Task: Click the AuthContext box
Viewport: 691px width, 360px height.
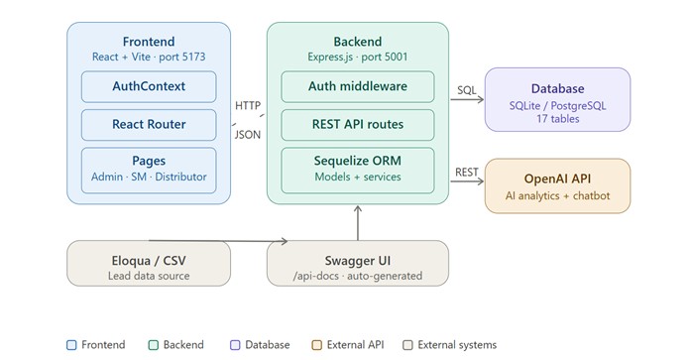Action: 149,86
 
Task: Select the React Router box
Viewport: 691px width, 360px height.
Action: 149,125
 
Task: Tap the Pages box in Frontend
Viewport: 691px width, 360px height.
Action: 149,171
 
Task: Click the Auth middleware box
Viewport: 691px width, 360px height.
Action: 358,86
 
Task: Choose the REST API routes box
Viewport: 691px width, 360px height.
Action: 358,125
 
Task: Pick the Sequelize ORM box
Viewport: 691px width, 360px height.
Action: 358,171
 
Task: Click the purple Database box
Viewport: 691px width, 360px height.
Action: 557,99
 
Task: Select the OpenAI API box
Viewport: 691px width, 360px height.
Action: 557,185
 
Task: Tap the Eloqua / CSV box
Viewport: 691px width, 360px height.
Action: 149,264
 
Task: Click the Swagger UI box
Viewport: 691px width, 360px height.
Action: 358,264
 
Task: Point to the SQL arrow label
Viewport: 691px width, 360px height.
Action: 467,90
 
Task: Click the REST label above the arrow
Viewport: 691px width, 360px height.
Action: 467,173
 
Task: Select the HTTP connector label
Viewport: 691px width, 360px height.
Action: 248,106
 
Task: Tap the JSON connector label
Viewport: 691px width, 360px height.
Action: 248,135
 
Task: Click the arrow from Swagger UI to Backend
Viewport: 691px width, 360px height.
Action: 358,223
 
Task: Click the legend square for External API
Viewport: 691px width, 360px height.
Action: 317,345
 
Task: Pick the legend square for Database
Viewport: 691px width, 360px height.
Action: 235,345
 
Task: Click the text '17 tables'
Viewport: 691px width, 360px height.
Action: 557,119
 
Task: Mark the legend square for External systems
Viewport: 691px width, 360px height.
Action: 408,345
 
